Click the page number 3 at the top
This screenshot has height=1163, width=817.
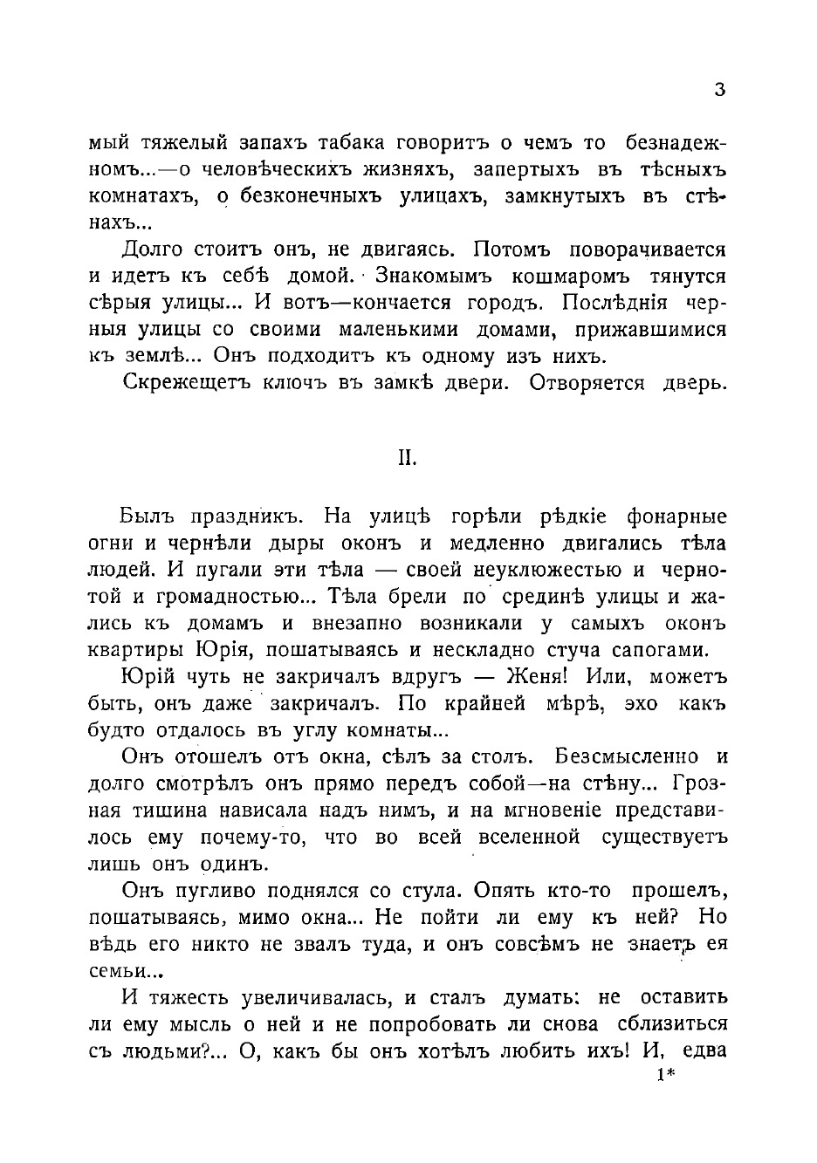tap(719, 90)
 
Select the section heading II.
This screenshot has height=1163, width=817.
tap(408, 459)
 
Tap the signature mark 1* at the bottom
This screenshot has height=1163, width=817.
tap(666, 1076)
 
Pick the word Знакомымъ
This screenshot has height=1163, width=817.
tap(435, 277)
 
